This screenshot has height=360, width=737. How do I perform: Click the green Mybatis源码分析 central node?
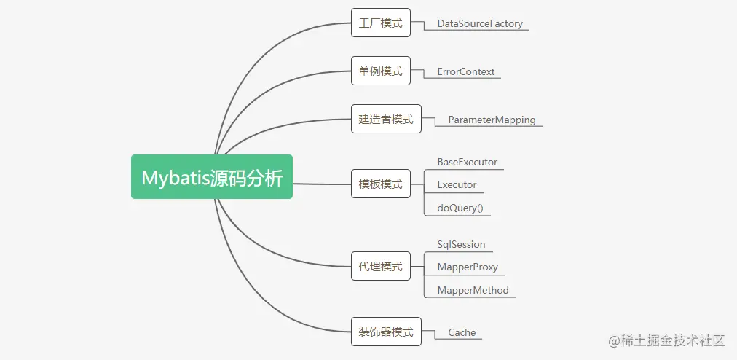point(211,176)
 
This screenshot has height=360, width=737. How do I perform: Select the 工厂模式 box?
point(380,23)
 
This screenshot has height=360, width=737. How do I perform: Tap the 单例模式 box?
point(380,71)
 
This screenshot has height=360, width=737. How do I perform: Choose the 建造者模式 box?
point(386,120)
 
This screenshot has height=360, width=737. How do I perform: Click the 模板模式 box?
point(380,184)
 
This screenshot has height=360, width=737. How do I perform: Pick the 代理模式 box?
point(380,267)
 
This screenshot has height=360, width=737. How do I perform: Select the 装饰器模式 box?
point(386,332)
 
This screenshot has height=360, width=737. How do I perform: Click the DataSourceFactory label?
point(480,24)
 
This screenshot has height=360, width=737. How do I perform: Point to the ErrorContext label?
point(466,72)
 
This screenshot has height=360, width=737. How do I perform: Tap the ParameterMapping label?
point(492,120)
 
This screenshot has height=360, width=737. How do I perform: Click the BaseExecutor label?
point(468,162)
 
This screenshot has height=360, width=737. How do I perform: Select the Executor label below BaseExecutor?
point(457,185)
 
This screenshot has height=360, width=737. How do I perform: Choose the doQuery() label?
point(460,208)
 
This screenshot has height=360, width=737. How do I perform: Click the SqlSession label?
point(461,245)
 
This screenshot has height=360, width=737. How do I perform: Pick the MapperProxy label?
point(468,267)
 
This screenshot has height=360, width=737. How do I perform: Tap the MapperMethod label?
point(473,291)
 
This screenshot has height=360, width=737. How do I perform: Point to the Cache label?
point(462,333)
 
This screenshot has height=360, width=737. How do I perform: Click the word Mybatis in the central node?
point(174,177)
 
